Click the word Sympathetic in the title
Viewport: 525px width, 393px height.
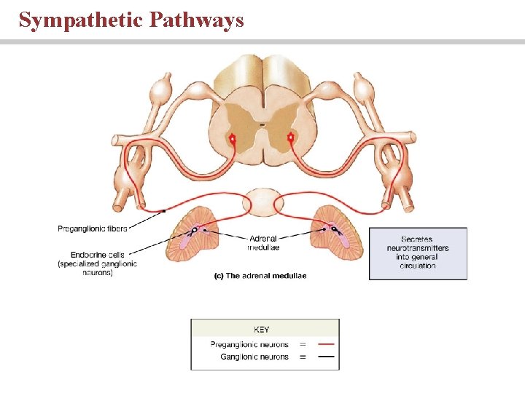point(80,20)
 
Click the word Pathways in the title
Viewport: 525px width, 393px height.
point(196,20)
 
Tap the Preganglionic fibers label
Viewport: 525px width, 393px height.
point(92,229)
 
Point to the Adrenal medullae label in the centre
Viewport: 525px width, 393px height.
point(264,242)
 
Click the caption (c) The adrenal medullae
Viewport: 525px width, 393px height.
point(260,276)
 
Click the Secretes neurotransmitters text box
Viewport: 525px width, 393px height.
point(418,253)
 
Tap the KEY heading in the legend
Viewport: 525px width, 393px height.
point(262,330)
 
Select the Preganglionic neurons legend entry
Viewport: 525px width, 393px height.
point(249,344)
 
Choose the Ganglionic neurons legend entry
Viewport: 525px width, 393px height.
point(254,357)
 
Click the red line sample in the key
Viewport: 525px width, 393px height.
point(327,344)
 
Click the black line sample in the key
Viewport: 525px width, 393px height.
point(327,357)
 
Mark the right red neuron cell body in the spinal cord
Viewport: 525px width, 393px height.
point(291,137)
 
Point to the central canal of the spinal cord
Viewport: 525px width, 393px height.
point(262,125)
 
